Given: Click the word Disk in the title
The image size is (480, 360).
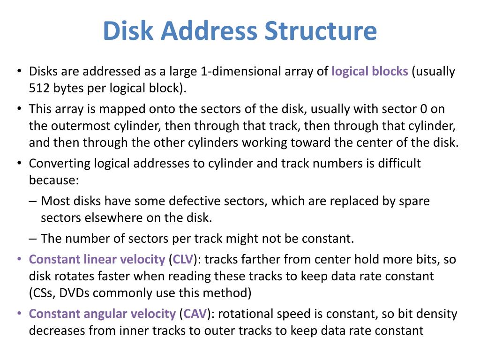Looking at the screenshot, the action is coord(127,31).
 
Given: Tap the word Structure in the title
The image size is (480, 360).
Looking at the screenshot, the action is coord(320,31).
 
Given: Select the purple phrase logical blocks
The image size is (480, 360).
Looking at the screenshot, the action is coord(370,72).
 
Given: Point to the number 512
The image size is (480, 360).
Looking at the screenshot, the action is coord(39,88).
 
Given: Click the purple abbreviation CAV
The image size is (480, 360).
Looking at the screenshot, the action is coord(194,314).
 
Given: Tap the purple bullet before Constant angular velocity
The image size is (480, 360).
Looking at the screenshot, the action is coord(19,314).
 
